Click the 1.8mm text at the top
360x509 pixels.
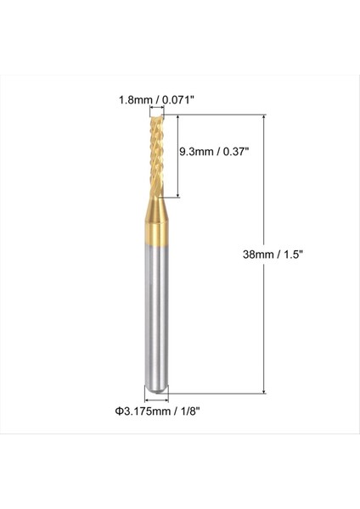134,99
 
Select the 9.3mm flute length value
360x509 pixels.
195,155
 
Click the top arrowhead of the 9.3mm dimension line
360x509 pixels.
176,120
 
